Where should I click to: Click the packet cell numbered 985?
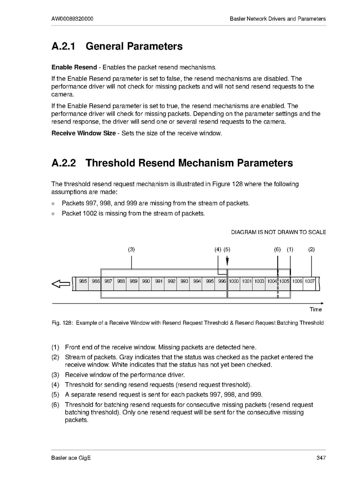click(x=83, y=282)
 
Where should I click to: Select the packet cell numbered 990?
click(x=146, y=282)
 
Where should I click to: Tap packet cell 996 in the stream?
click(x=222, y=282)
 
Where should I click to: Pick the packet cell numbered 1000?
click(x=234, y=282)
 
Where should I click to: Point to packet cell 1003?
click(x=259, y=282)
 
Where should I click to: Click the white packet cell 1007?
click(x=310, y=282)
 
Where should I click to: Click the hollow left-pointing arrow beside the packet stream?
click(x=61, y=284)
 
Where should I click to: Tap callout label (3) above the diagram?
click(x=131, y=250)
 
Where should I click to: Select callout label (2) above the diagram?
click(x=311, y=250)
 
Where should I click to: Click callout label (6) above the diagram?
click(x=277, y=250)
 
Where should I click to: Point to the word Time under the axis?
click(x=315, y=309)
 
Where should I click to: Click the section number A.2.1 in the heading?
click(x=63, y=46)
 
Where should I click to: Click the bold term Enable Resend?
click(x=74, y=67)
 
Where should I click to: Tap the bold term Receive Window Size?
click(x=83, y=133)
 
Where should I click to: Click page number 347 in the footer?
click(x=321, y=458)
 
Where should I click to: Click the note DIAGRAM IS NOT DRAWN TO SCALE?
click(x=278, y=232)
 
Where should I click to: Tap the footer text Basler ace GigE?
click(x=71, y=458)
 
